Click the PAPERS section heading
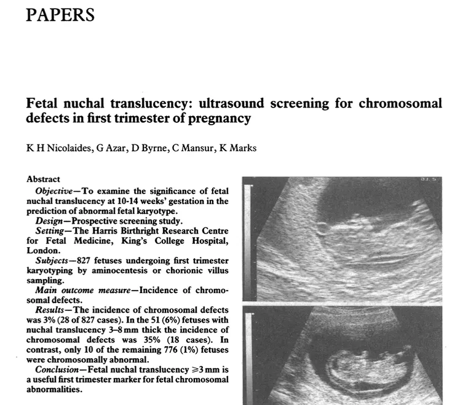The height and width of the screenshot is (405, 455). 60,14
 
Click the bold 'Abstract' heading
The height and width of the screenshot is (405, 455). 44,179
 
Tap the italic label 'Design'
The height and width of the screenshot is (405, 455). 49,220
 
